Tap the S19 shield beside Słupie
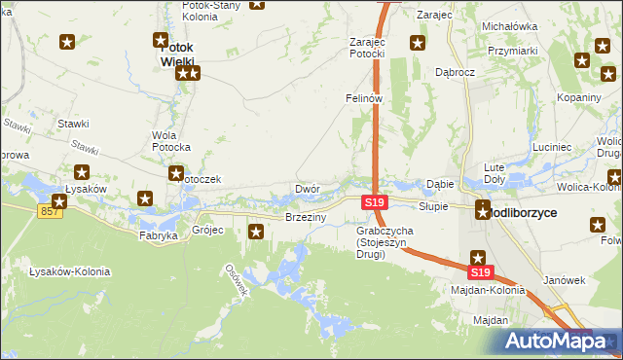376,202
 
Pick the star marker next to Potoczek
176,174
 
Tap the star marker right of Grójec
256,231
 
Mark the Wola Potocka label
170,141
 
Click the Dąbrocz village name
455,72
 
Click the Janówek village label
563,280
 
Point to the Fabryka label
158,235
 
